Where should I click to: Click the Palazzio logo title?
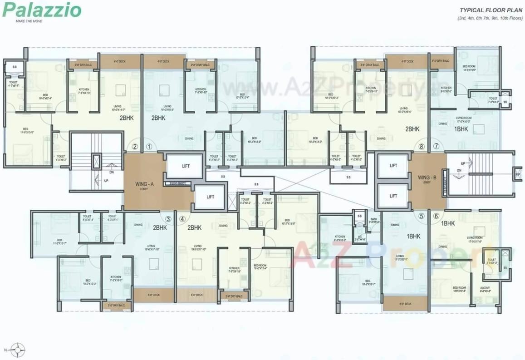(x=42, y=10)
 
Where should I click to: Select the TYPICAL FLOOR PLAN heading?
(x=491, y=10)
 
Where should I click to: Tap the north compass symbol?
(x=18, y=350)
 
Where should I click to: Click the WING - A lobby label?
(x=146, y=184)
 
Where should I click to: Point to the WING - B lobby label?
(x=427, y=178)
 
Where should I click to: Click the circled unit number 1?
(x=150, y=147)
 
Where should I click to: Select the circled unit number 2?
(x=135, y=147)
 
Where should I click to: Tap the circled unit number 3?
(x=168, y=219)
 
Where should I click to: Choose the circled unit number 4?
(x=183, y=219)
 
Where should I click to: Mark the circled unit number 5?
(x=422, y=216)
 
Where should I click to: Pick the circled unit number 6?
(x=437, y=216)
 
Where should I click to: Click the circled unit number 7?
(x=436, y=147)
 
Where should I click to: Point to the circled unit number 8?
(x=421, y=147)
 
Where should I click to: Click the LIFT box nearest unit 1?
(x=179, y=166)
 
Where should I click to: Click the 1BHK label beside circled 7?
(x=461, y=129)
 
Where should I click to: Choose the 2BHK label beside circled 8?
(x=412, y=129)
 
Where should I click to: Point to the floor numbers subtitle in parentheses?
(x=490, y=18)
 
